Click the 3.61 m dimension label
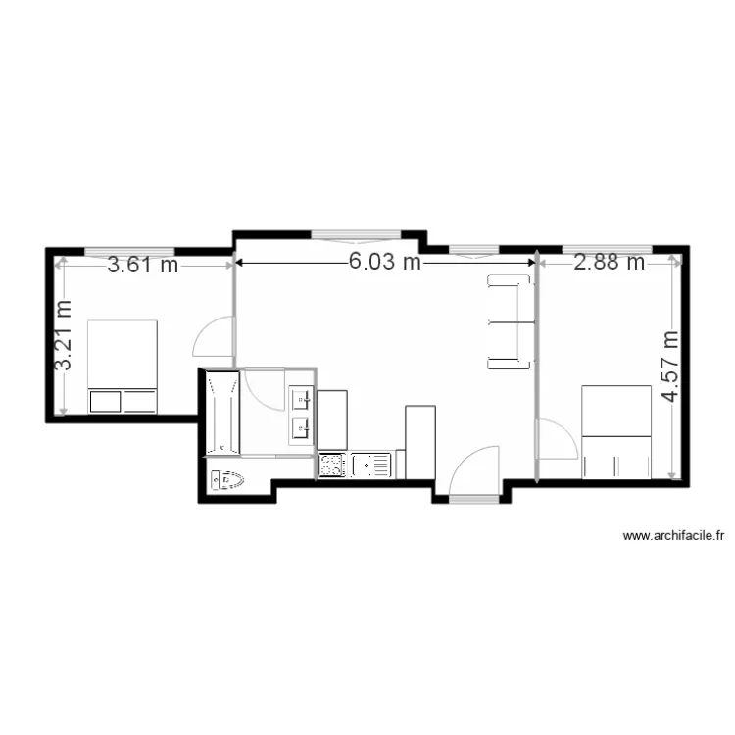point(143,265)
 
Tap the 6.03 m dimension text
point(385,261)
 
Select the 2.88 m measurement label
point(609,262)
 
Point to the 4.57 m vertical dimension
point(670,367)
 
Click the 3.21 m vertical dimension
point(63,335)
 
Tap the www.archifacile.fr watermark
point(673,535)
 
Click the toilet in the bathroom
point(227,480)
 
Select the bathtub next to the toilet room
point(223,413)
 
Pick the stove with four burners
point(332,465)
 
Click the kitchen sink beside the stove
point(370,465)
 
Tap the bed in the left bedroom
point(122,367)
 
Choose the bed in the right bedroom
point(616,432)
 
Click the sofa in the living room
point(510,322)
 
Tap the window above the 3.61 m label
point(129,252)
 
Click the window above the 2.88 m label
point(607,249)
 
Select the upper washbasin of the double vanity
point(301,400)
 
